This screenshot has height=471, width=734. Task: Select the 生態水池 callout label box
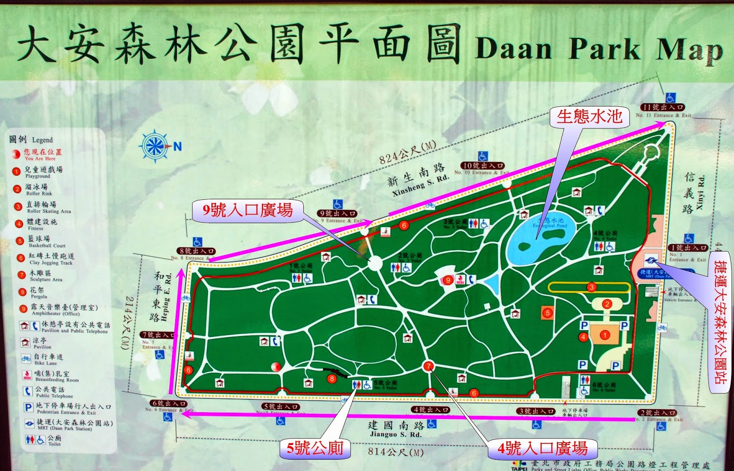tap(589, 117)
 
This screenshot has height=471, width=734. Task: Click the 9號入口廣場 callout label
tap(248, 210)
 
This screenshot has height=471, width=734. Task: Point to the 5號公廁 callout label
tap(315, 448)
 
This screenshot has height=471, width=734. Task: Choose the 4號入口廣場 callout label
tap(543, 448)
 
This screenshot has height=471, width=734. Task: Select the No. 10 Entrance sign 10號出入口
tap(483, 165)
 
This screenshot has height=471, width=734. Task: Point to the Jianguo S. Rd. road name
tap(395, 429)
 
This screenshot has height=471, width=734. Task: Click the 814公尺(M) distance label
tap(395, 452)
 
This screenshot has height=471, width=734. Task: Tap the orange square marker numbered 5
tap(547, 313)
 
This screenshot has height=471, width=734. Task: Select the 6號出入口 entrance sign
tap(169, 404)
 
